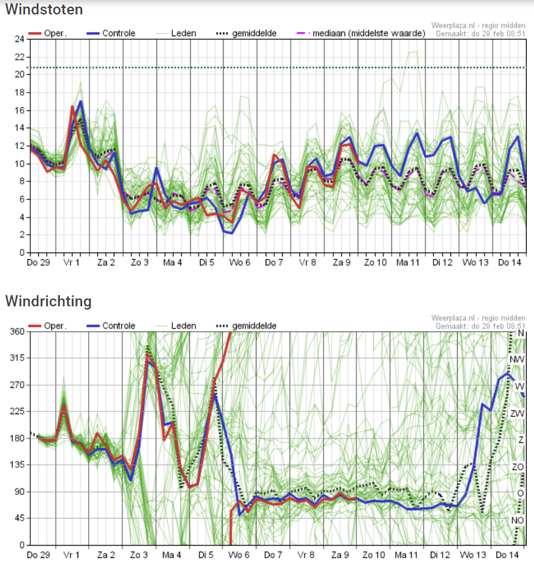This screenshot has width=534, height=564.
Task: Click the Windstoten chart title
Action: click(44, 9)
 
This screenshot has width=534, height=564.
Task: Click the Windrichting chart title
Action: click(48, 301)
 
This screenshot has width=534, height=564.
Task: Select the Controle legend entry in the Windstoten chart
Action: click(111, 34)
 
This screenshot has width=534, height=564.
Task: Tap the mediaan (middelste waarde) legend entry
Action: click(361, 34)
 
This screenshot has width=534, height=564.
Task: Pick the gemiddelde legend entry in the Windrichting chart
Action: click(246, 326)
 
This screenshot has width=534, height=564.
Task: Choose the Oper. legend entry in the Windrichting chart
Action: click(47, 326)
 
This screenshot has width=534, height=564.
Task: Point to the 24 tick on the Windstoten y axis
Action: click(20, 39)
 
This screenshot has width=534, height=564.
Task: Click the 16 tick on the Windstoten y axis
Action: click(20, 110)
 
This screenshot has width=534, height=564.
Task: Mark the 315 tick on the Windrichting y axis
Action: click(17, 358)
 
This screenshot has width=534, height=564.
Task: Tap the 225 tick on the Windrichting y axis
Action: click(17, 411)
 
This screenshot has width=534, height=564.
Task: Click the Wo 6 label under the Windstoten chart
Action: click(239, 262)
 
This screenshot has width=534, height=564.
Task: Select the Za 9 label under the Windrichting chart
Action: click(340, 555)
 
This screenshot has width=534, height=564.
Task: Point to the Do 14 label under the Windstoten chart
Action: click(510, 262)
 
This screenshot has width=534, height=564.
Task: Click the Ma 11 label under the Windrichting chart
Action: click(406, 555)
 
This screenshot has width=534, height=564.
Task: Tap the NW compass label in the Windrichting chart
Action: click(517, 360)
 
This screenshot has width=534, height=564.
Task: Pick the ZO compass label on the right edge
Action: click(518, 467)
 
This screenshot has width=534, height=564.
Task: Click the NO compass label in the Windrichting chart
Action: click(518, 520)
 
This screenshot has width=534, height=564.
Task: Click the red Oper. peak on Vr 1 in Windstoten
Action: click(72, 106)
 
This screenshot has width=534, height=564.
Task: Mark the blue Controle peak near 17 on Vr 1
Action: click(81, 101)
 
